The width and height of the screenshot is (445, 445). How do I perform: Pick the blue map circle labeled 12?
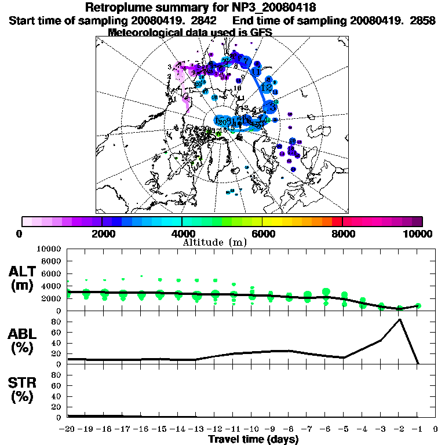click(x=267, y=87)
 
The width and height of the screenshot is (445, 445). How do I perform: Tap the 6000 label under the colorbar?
click(x=262, y=234)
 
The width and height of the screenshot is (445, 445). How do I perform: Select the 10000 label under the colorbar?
click(x=418, y=234)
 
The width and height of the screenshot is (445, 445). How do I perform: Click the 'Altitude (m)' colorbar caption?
click(x=214, y=242)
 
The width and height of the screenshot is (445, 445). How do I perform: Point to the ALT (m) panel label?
click(x=23, y=278)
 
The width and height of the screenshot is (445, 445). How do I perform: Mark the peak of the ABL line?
click(x=399, y=319)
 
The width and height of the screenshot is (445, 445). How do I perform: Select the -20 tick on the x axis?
click(x=68, y=429)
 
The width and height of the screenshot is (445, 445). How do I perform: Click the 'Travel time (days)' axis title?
click(x=253, y=440)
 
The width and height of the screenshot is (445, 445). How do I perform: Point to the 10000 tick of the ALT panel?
click(x=49, y=249)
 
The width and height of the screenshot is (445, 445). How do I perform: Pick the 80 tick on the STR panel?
click(x=56, y=374)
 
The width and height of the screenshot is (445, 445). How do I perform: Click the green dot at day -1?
click(x=418, y=305)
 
